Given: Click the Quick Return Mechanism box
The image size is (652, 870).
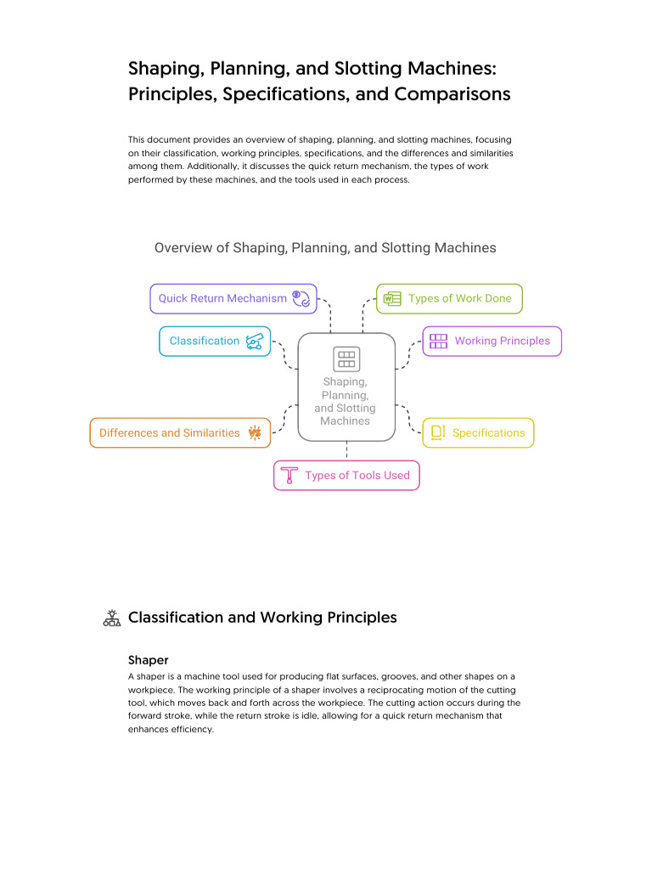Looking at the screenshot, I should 233,298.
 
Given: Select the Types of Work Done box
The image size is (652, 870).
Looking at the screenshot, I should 449,298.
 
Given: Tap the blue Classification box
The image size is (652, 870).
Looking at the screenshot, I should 215,341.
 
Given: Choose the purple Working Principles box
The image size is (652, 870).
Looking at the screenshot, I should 492,341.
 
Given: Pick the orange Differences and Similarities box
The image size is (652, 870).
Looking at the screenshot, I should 180,432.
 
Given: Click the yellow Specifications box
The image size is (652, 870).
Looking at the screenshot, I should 478,432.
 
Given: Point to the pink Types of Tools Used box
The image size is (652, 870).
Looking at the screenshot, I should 346,475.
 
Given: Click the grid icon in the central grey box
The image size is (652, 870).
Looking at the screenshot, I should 346,359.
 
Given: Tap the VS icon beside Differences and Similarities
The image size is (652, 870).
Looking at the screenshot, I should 255,432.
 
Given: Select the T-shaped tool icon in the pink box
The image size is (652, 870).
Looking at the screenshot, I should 289,475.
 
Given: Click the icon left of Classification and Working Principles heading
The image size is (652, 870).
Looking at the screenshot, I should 111,618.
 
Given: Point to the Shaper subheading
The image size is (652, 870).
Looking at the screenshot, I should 149,659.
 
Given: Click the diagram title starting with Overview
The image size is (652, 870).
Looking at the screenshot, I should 325,248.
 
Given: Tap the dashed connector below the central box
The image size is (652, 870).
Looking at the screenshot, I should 346,451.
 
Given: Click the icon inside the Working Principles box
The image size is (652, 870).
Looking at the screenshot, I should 438,341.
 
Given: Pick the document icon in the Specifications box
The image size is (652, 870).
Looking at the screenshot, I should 438,432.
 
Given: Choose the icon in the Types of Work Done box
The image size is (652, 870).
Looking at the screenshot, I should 392,298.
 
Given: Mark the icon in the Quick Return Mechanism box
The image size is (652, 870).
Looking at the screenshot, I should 301,298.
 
